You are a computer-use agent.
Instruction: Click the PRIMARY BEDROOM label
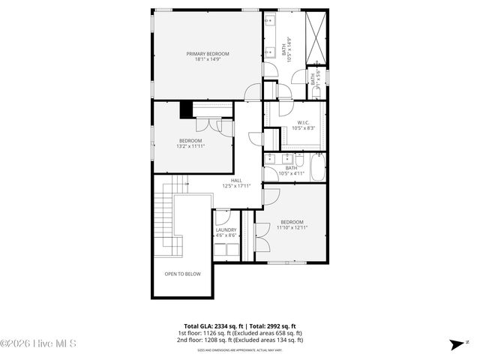point(208,53)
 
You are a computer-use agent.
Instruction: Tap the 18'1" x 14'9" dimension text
point(208,60)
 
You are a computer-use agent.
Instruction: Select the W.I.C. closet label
point(304,122)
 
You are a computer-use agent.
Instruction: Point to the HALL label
point(236,180)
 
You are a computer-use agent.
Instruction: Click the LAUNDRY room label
point(226,229)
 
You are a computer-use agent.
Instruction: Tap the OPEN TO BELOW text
point(183,274)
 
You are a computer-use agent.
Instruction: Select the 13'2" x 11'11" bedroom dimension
point(190,146)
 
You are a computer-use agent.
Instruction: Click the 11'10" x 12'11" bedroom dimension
point(292,227)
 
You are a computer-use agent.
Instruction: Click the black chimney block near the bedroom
point(185,109)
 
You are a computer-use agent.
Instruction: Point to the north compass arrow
point(456,344)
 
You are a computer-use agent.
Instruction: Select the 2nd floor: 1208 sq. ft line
point(239,340)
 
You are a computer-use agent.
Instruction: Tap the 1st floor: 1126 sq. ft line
point(239,333)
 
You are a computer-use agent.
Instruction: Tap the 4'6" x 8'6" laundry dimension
point(226,235)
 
